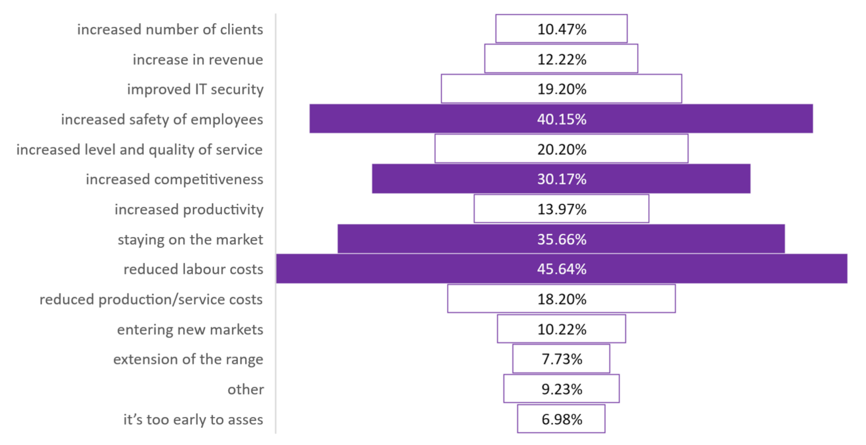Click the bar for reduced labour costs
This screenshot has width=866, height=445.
pyautogui.click(x=561, y=269)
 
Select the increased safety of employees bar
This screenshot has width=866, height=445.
pyautogui.click(x=561, y=118)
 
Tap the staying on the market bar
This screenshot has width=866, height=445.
pyautogui.click(x=561, y=239)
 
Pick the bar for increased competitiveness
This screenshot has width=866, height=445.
pyautogui.click(x=561, y=179)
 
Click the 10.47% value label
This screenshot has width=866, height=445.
pyautogui.click(x=561, y=29)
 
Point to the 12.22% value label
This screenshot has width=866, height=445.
pyautogui.click(x=561, y=59)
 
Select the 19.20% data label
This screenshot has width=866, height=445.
pyautogui.click(x=561, y=89)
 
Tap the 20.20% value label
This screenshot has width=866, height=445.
pyautogui.click(x=561, y=150)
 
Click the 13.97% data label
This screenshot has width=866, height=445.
pyautogui.click(x=561, y=210)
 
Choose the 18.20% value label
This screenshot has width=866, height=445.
pyautogui.click(x=561, y=299)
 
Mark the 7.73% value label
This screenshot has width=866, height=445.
pyautogui.click(x=561, y=359)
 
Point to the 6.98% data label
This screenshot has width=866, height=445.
pyautogui.click(x=561, y=420)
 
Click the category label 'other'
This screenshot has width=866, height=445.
pyautogui.click(x=245, y=389)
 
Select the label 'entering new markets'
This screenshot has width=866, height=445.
pyautogui.click(x=190, y=329)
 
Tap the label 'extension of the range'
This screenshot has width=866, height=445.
pyautogui.click(x=188, y=359)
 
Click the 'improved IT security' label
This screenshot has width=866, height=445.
pyautogui.click(x=195, y=89)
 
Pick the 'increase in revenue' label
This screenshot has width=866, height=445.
pyautogui.click(x=198, y=59)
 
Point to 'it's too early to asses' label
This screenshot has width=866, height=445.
pyautogui.click(x=194, y=420)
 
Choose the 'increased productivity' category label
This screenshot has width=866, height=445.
pyautogui.click(x=189, y=210)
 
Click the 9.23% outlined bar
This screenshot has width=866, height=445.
pyautogui.click(x=561, y=375)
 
